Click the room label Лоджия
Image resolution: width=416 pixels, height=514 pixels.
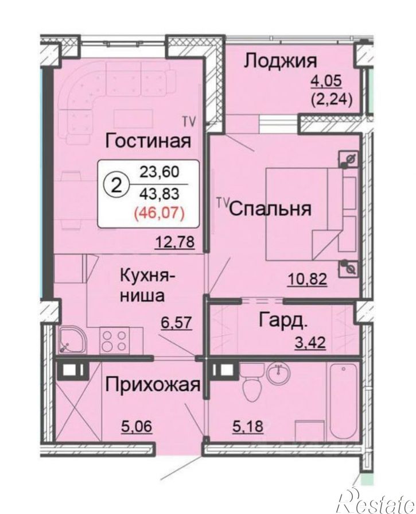click(281, 61)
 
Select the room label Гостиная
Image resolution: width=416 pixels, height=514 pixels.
click(148, 140)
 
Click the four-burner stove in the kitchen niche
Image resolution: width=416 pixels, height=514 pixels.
click(115, 341)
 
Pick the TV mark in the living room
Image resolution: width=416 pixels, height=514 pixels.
click(188, 121)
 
